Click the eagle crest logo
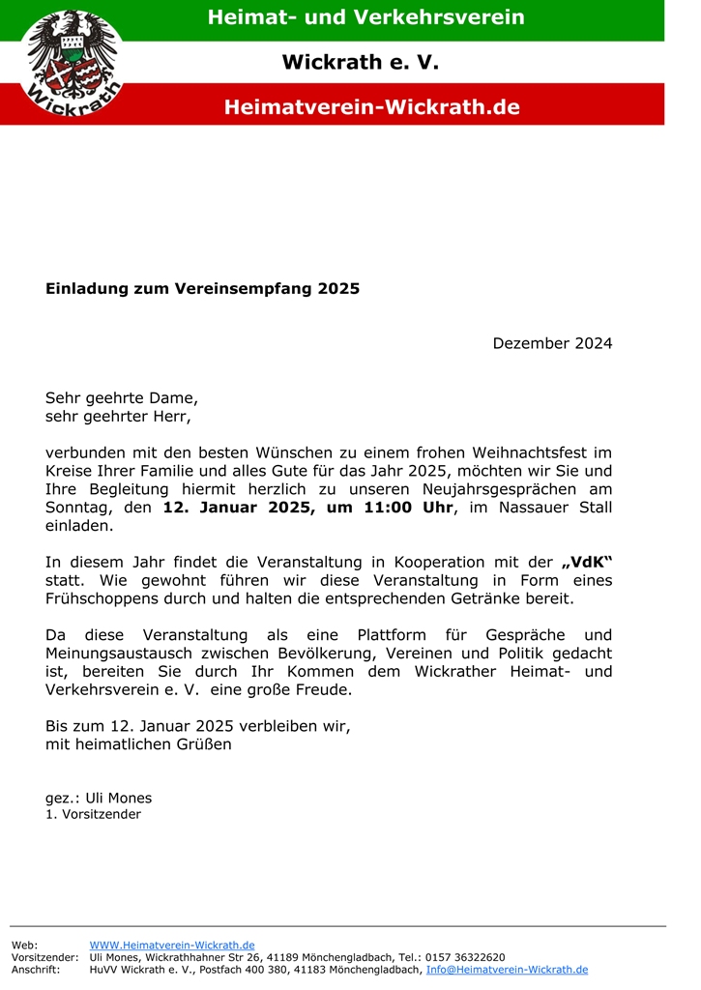tap(73, 63)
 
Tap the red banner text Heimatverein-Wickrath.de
tap(371, 107)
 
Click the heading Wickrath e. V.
tap(360, 63)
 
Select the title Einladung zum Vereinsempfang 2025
tap(202, 288)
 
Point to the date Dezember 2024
tap(552, 343)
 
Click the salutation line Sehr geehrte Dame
tap(122, 397)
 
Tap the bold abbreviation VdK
tap(588, 563)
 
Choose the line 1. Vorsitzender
tap(93, 815)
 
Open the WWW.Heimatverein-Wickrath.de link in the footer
tap(172, 945)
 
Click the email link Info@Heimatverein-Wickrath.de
tap(507, 970)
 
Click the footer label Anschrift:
tap(35, 970)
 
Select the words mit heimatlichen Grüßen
tap(138, 745)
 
